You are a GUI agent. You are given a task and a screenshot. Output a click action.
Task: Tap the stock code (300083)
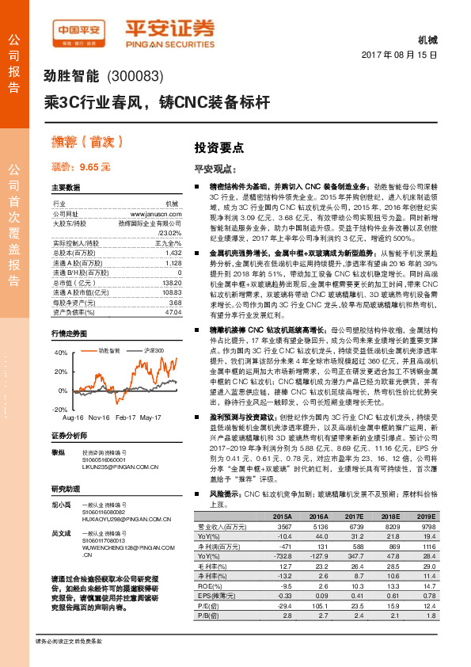click(135, 77)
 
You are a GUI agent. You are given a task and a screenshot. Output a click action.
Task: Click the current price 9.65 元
click(81, 167)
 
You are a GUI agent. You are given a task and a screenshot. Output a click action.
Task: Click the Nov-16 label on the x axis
click(98, 417)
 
